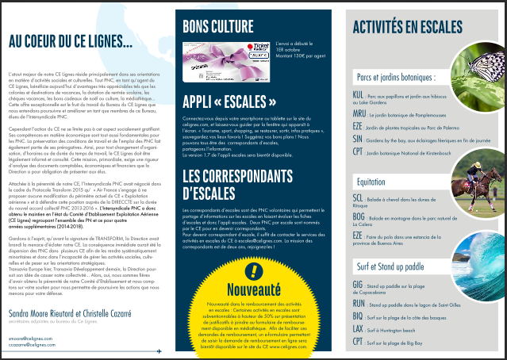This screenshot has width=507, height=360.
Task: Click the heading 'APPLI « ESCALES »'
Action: pyautogui.click(x=232, y=103)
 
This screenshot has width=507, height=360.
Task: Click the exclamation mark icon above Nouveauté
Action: pyautogui.click(x=252, y=271)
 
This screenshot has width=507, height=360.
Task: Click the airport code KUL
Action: pyautogui.click(x=358, y=94)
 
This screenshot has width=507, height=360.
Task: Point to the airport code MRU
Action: pyautogui.click(x=359, y=113)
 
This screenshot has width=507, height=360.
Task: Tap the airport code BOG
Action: pyautogui.click(x=359, y=216)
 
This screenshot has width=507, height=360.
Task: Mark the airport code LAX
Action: pyautogui.click(x=358, y=327)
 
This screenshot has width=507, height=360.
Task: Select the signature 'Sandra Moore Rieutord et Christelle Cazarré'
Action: pyautogui.click(x=71, y=313)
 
